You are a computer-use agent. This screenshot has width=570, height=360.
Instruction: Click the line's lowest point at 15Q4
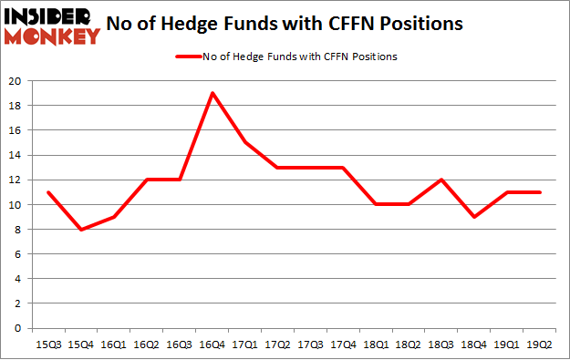point(80,229)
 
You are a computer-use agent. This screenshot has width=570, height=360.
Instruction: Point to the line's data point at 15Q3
point(47,192)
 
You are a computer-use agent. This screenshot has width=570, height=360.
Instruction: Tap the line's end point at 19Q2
point(539,192)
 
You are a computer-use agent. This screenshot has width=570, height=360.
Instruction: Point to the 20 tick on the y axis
point(17,80)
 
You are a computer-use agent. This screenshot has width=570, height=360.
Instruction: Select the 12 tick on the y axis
point(17,180)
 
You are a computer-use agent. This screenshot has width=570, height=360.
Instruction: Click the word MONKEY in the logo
point(53,37)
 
